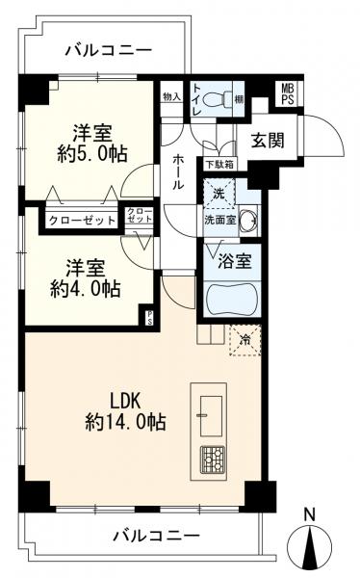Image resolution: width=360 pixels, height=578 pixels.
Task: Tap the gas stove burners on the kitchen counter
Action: click(212, 460)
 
